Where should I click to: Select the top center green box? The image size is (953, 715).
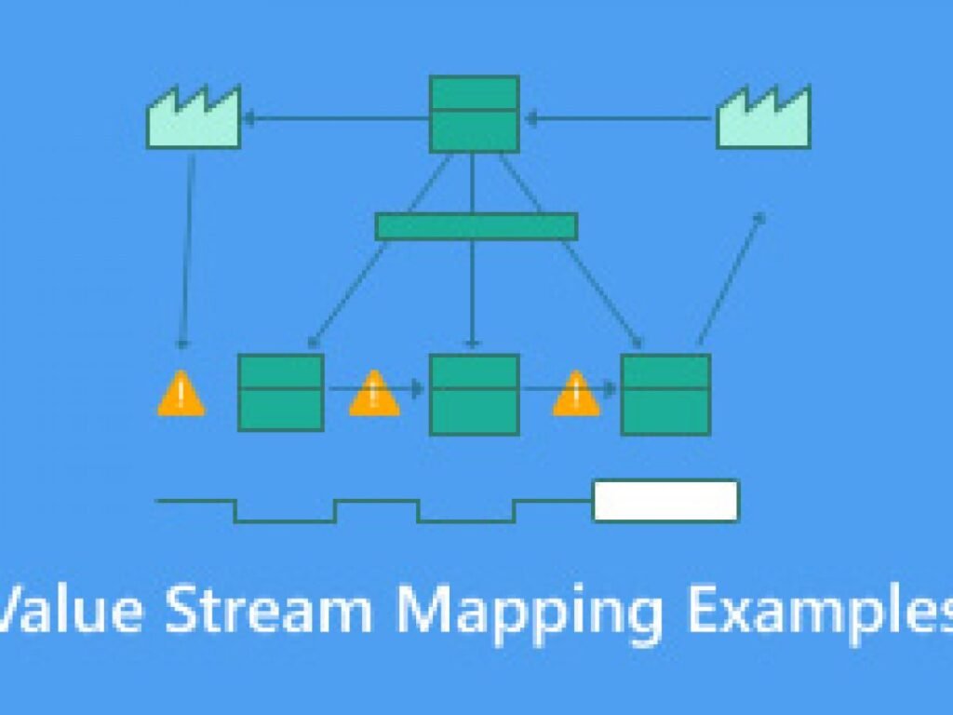474,114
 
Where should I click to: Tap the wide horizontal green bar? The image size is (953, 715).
476,227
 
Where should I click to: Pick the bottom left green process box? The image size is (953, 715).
281,393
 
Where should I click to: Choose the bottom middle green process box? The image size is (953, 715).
474,395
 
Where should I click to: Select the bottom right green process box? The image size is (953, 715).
665,395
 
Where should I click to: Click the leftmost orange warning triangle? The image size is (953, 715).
181,394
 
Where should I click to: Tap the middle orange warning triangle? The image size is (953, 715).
374,394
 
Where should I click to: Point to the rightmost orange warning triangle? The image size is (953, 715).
576,394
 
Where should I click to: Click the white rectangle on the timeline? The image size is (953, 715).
666,500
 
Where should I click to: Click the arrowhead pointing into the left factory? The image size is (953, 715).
248,118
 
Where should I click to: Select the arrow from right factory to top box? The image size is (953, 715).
619,118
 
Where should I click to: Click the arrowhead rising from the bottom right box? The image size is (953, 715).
759,218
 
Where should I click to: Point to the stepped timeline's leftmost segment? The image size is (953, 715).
195,501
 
